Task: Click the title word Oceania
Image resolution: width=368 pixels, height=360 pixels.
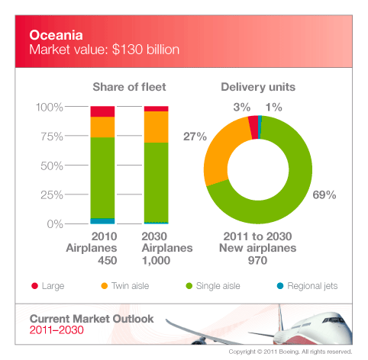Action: tap(51, 35)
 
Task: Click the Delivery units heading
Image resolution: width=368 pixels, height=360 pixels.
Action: tap(257, 88)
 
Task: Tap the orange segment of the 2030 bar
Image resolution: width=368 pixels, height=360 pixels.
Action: tap(156, 127)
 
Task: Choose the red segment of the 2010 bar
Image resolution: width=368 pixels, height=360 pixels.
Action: tap(102, 111)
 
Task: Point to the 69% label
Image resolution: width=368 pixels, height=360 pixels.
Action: tap(324, 195)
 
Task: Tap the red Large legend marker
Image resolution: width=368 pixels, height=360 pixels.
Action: tap(34, 286)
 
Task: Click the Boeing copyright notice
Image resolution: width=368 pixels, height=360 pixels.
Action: tap(290, 352)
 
